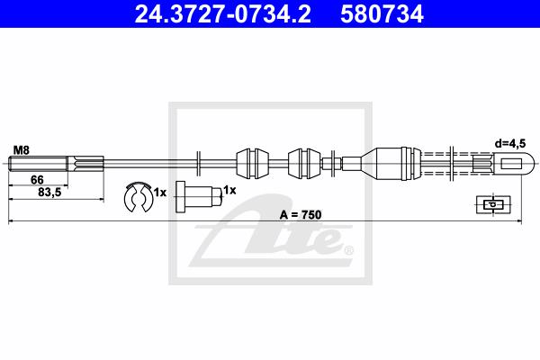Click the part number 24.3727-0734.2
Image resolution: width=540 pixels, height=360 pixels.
coord(222,14)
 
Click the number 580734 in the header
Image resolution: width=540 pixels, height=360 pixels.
coord(382,14)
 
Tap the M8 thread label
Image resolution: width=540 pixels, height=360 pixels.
coord(22,150)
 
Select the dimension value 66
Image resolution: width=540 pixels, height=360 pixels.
coord(37,180)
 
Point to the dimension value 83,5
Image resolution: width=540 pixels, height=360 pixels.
coord(49,193)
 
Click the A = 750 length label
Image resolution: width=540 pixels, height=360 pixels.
coord(301,214)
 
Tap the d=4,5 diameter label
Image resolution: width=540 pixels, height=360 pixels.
coord(510,143)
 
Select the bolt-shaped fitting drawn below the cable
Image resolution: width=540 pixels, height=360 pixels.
coord(198,197)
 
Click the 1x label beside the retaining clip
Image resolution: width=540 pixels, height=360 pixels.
coord(160,193)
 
